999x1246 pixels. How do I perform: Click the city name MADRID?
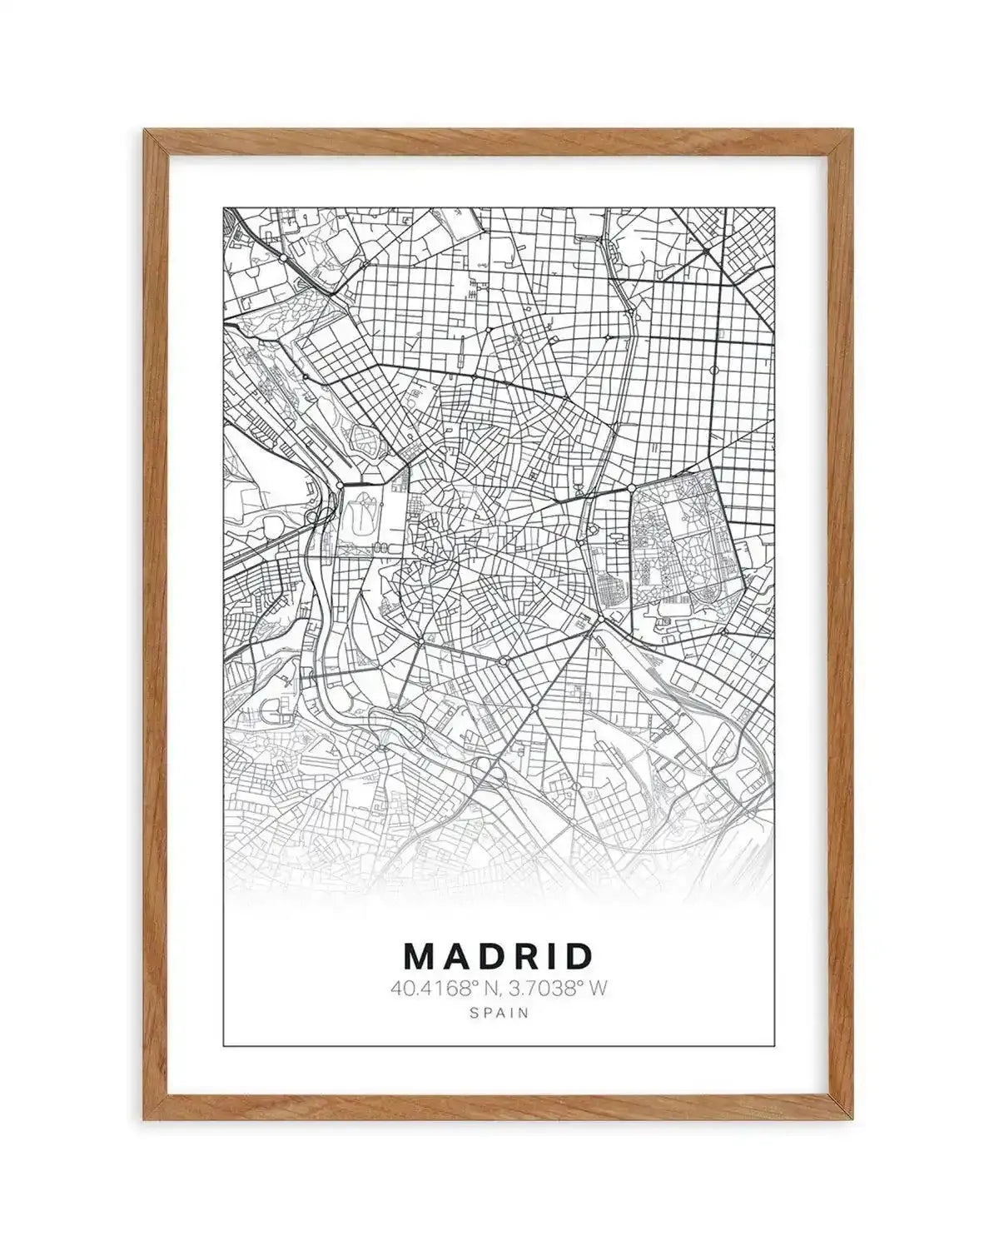498,956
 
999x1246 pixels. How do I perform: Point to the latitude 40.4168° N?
441,989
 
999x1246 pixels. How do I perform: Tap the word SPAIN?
499,1014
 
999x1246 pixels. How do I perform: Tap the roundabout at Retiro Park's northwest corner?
631,486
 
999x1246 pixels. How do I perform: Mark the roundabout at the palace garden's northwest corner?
341,484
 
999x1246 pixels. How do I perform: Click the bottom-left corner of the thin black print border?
224,1044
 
